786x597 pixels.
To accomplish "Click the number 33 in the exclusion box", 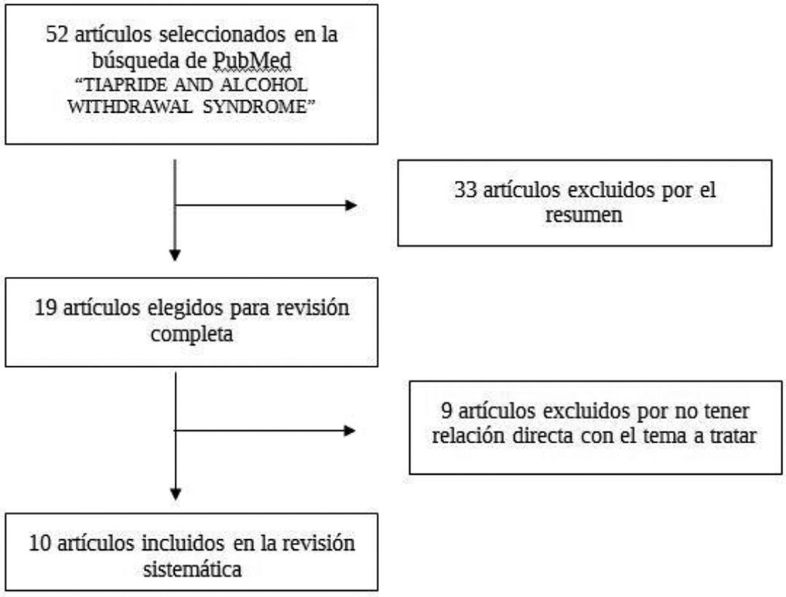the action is click(x=465, y=191).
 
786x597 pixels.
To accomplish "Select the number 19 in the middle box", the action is click(x=46, y=309).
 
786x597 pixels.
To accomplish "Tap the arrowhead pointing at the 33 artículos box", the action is click(x=351, y=206).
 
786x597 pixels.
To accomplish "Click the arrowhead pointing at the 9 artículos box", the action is click(x=350, y=431).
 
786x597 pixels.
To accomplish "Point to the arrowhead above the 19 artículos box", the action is click(x=176, y=254).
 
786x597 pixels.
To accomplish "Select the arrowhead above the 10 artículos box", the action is click(x=176, y=493).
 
